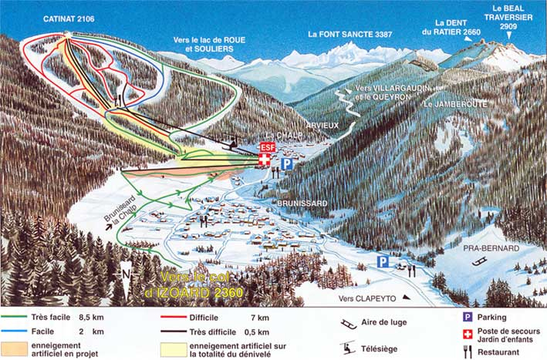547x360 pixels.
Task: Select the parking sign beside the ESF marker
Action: [x=286, y=163]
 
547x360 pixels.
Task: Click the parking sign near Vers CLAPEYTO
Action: [x=382, y=261]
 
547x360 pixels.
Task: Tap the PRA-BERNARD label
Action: [x=488, y=248]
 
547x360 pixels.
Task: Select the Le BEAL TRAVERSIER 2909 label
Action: [x=508, y=18]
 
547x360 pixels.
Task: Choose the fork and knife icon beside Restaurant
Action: [x=467, y=350]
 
